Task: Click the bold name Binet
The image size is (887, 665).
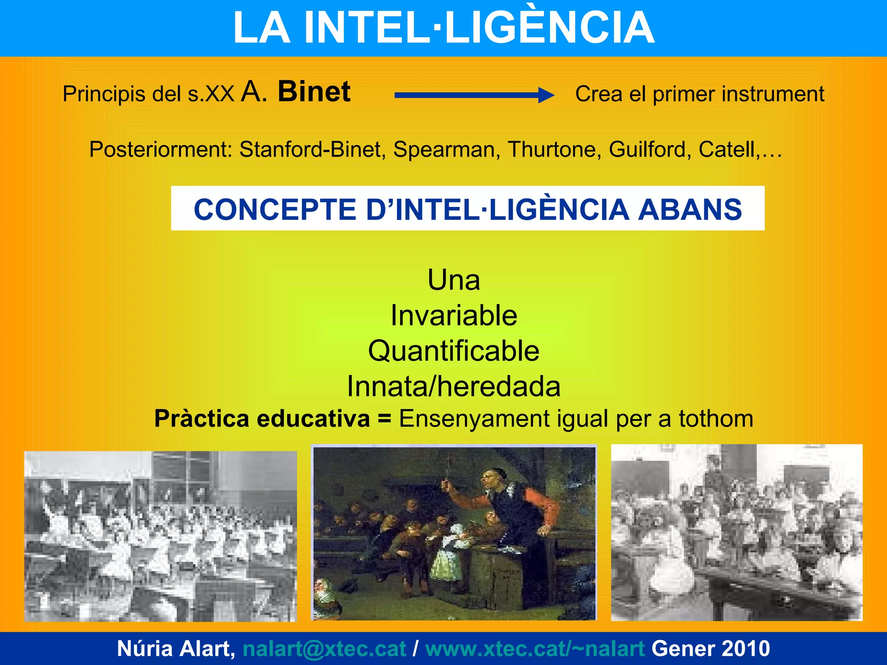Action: pos(314,92)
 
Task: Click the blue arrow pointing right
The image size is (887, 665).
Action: pos(474,95)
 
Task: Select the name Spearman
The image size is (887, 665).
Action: pos(447,150)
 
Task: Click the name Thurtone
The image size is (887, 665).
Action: pos(554,150)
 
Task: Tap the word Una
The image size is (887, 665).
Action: pos(453,280)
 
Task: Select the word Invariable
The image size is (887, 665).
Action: pos(453,315)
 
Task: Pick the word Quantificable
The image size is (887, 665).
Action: pos(453,351)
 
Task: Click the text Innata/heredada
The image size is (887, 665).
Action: pos(453,386)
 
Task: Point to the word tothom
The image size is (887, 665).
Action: pos(715,419)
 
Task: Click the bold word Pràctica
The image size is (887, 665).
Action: pos(202,419)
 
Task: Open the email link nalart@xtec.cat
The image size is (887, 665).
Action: pos(324,649)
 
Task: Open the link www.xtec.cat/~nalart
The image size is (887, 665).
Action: pos(535,649)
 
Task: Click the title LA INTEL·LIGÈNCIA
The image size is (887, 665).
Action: pos(443,28)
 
